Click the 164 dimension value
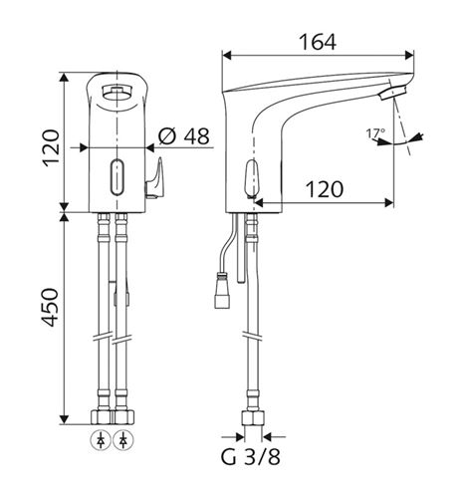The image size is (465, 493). click(318, 42)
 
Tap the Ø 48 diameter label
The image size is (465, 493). click(184, 136)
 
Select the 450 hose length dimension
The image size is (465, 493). click(51, 307)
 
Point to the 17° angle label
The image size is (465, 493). click(375, 133)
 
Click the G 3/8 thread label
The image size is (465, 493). click(251, 456)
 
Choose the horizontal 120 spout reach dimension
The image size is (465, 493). click(325, 189)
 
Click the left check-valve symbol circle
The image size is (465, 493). click(101, 440)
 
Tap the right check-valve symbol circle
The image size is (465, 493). click(123, 440)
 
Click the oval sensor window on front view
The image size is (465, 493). click(116, 177)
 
